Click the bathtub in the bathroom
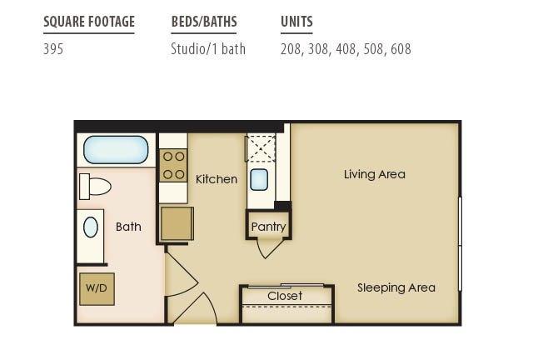[116, 150]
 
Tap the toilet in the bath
[95, 187]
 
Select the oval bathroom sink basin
[91, 227]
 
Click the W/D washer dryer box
[97, 289]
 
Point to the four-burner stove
[173, 165]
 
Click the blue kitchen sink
[259, 179]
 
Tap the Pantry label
[268, 227]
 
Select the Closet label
[285, 296]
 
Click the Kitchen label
[217, 179]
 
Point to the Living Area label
[375, 174]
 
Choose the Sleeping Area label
[396, 287]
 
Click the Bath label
[128, 227]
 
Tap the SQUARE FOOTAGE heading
[89, 22]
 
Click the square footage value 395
[53, 49]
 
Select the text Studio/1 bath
[208, 49]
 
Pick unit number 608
[401, 49]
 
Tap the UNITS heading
[296, 22]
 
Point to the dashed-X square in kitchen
[261, 148]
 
